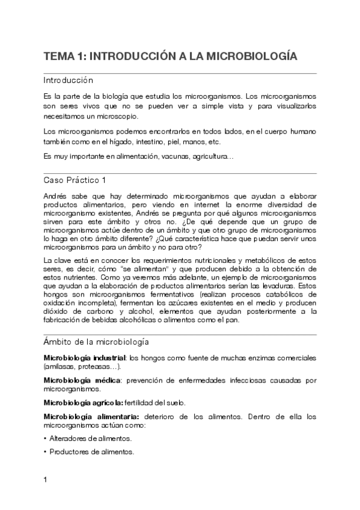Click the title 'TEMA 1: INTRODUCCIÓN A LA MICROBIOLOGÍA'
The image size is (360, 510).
(x=171, y=57)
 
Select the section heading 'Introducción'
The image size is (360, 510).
(x=68, y=80)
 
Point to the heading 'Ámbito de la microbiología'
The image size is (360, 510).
(x=97, y=342)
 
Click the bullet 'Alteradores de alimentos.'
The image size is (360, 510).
(x=90, y=438)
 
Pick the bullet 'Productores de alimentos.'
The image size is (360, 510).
(x=91, y=452)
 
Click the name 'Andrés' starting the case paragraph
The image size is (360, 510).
(x=56, y=196)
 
